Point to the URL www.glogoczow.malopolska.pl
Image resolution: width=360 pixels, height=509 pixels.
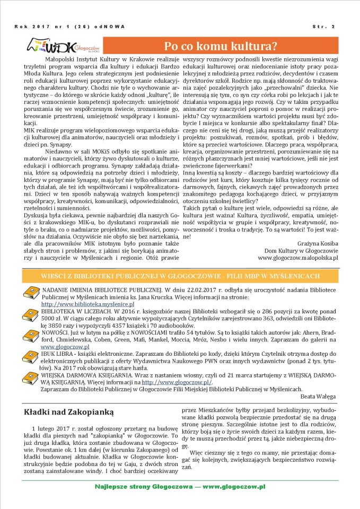[x=298, y=257]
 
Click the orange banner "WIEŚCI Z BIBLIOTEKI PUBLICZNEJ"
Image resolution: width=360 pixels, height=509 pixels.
[x=180, y=276]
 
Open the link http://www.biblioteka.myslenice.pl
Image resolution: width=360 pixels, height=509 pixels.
[x=80, y=304]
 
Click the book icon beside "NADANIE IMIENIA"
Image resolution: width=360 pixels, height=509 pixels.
[x=31, y=292]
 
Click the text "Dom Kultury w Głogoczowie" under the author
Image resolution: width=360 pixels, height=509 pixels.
[x=301, y=250]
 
